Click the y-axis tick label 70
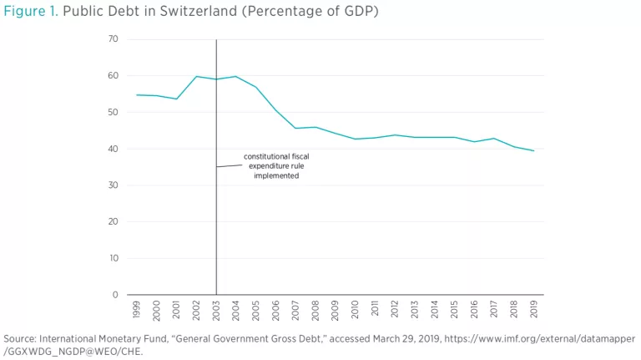point(113,39)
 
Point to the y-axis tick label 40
point(113,149)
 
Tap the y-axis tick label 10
point(113,258)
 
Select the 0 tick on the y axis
point(115,295)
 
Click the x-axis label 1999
point(137,309)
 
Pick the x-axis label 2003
point(216,309)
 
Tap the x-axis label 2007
point(295,309)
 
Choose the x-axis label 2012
point(395,309)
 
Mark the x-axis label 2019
point(534,309)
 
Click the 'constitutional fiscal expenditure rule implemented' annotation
point(275,166)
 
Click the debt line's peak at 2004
point(236,77)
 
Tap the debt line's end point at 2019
point(534,150)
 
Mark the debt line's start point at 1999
point(137,94)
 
